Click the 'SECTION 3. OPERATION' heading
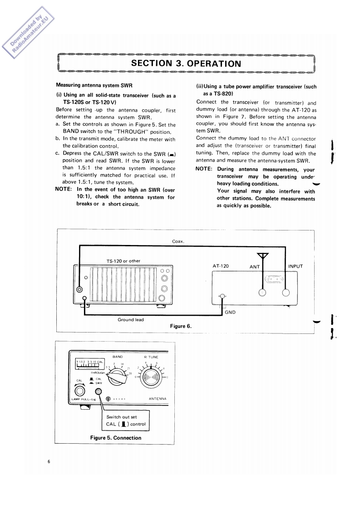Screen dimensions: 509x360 point(186,63)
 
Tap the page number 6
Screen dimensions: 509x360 point(48,462)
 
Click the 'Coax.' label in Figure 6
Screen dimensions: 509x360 point(178,241)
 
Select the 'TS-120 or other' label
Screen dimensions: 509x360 point(123,261)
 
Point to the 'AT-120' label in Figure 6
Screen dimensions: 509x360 point(221,266)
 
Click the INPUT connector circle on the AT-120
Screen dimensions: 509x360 point(286,293)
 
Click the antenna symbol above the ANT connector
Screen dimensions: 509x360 point(263,257)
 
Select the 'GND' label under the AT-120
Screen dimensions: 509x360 point(230,312)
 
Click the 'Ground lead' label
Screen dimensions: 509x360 point(131,320)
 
